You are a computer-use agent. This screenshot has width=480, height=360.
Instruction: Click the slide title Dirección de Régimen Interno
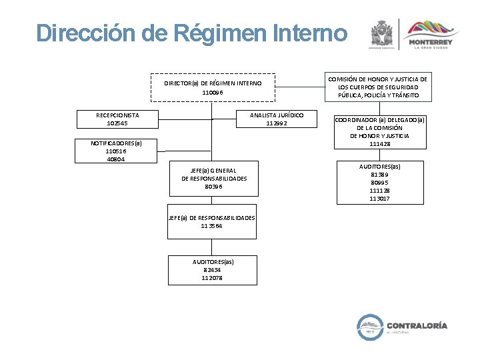192,33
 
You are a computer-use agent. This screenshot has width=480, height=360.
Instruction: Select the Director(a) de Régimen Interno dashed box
213,87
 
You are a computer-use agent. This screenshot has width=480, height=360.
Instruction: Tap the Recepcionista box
117,119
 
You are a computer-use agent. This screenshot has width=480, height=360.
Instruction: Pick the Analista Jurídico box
276,119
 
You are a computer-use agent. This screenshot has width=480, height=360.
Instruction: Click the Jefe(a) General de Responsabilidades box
213,179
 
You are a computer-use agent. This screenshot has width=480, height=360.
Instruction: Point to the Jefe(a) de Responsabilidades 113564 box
211,221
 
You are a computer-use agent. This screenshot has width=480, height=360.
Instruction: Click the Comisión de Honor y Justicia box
377,87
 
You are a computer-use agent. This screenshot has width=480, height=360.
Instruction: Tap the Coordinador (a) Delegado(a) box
379,131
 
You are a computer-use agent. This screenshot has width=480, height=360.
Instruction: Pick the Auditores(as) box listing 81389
379,182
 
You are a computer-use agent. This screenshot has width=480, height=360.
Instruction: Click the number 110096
213,93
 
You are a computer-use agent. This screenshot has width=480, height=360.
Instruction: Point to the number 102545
117,123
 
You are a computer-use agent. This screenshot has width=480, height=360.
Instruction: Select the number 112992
276,123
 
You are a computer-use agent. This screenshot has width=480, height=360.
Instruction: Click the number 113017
379,199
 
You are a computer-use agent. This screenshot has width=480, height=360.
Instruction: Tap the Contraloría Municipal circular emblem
368,326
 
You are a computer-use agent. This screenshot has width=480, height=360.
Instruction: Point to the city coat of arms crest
382,33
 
